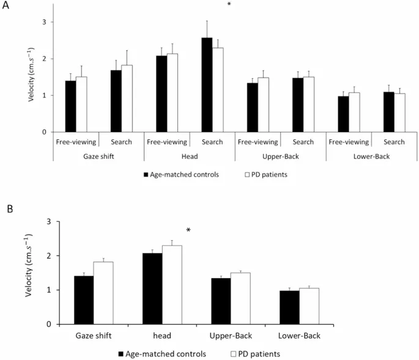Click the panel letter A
click(x=6, y=7)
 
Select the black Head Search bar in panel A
click(x=207, y=85)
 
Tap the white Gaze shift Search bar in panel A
click(x=127, y=98)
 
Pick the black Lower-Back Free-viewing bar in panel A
click(x=343, y=114)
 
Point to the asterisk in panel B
click(x=188, y=231)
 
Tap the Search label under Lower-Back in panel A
click(x=394, y=142)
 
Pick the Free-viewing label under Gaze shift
click(x=76, y=142)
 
